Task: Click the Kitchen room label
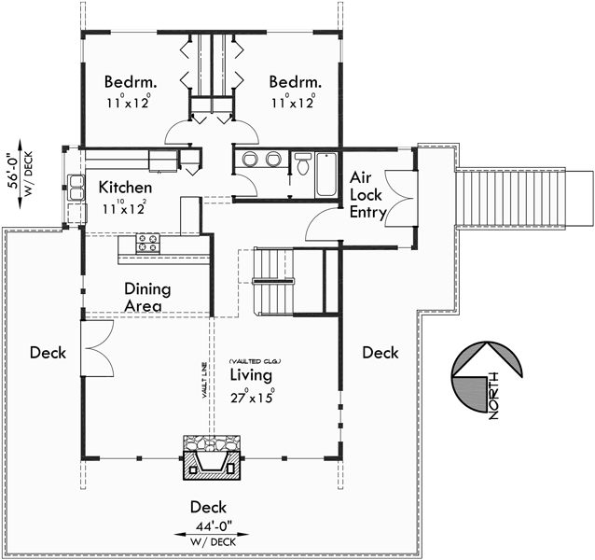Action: point(125,188)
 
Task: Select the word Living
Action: point(251,375)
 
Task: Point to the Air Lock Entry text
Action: point(368,195)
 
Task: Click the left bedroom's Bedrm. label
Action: point(129,80)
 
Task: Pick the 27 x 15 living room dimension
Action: point(251,395)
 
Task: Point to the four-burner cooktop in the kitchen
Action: point(147,243)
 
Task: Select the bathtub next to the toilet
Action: point(325,174)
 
